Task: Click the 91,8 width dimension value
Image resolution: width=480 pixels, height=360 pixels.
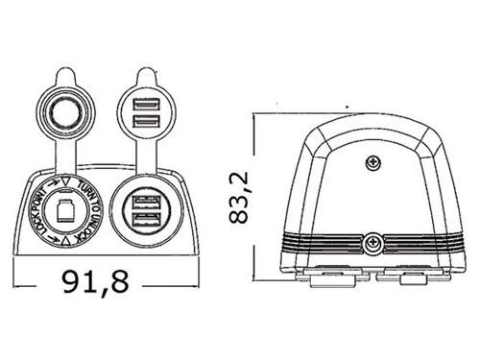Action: click(95, 283)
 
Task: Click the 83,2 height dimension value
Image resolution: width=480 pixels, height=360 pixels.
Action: click(239, 197)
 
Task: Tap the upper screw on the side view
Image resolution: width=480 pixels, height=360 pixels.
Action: click(373, 163)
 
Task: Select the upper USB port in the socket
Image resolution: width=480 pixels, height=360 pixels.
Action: click(147, 203)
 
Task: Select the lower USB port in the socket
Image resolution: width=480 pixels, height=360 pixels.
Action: click(147, 220)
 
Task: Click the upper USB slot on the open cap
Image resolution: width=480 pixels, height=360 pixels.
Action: click(147, 105)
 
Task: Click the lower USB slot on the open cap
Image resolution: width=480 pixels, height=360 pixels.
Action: click(147, 121)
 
